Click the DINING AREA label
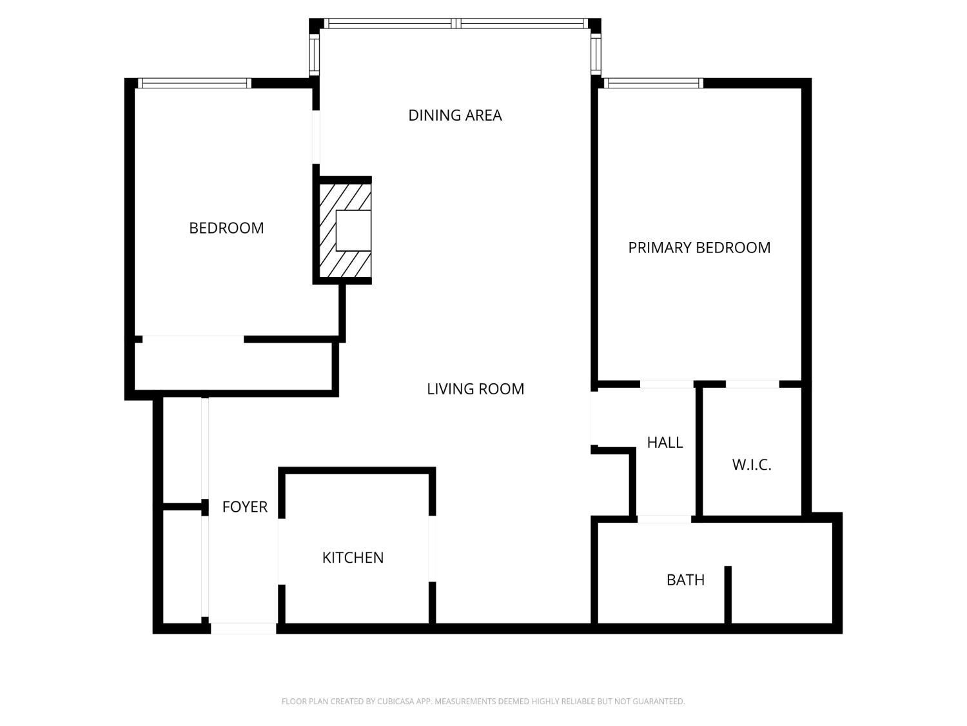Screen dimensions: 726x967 [455, 116]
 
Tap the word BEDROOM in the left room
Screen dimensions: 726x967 [226, 228]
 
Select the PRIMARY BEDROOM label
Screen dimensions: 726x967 [699, 248]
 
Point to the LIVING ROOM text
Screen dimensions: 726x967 [475, 389]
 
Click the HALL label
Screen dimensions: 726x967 [665, 443]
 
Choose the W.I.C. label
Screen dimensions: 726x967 [752, 465]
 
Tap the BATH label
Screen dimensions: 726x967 [685, 580]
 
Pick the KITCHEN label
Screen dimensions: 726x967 [353, 558]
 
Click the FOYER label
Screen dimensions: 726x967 [244, 507]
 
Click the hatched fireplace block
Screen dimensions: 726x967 [329, 258]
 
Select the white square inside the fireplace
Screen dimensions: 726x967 [353, 230]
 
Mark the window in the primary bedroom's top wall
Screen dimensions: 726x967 [652, 83]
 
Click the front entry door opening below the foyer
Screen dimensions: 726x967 [244, 628]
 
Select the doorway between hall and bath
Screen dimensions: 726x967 [665, 519]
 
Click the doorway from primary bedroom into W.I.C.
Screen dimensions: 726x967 [752, 385]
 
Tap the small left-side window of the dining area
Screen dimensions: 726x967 [315, 54]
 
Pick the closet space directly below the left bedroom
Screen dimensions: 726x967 [232, 366]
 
